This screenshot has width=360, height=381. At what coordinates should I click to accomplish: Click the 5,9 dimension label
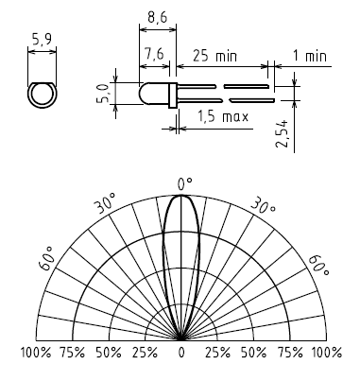(x=42, y=40)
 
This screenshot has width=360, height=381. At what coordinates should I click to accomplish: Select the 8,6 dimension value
(x=158, y=17)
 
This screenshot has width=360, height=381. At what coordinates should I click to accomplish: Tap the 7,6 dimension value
(x=154, y=54)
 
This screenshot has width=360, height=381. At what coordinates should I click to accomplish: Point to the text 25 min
(x=214, y=56)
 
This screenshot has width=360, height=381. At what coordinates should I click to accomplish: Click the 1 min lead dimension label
(x=310, y=56)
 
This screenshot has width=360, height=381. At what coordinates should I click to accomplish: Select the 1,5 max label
(x=223, y=116)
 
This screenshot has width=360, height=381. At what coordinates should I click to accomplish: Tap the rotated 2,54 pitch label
(x=282, y=133)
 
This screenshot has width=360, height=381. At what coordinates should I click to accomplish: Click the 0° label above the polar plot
(x=185, y=184)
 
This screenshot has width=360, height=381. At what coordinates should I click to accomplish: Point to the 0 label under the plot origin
(x=181, y=353)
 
